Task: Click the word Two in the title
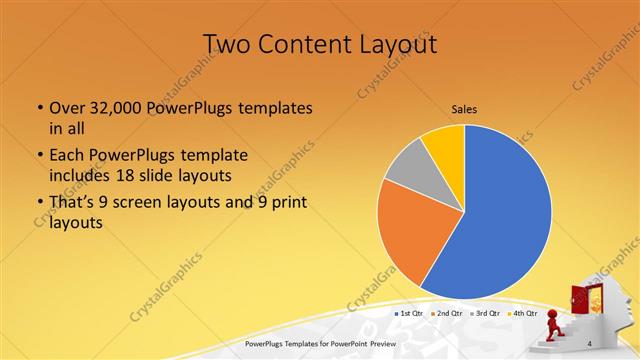(227, 44)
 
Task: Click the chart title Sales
(464, 109)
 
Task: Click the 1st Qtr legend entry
(411, 314)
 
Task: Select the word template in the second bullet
(212, 156)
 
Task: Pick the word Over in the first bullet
(66, 108)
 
